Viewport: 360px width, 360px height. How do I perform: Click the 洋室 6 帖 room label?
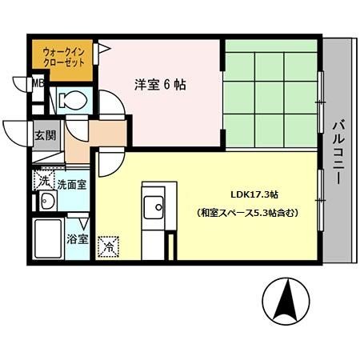click(x=159, y=84)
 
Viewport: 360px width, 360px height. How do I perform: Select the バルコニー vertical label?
click(x=336, y=152)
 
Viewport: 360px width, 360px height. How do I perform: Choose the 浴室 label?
click(x=77, y=239)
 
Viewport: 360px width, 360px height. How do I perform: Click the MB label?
click(x=36, y=82)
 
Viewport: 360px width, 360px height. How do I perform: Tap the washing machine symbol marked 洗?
click(x=44, y=181)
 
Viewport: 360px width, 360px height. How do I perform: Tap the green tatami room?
click(x=270, y=93)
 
